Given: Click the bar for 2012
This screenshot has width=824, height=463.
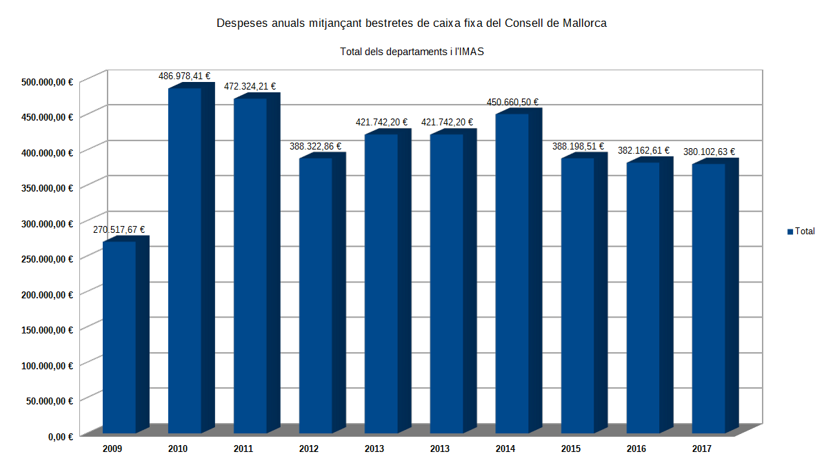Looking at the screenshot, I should click(x=315, y=296).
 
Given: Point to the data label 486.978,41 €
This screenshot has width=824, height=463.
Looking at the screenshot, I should click(x=184, y=76).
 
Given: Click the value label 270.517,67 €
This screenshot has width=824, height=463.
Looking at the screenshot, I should click(x=119, y=230).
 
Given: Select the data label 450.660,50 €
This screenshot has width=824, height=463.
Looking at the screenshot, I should click(x=512, y=103).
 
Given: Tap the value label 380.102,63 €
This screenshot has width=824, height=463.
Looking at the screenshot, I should click(x=709, y=152).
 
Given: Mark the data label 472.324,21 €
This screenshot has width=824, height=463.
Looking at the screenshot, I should click(x=250, y=87).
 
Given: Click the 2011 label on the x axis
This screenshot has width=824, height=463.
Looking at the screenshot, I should click(x=243, y=449).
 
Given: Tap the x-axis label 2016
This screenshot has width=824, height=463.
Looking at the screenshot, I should click(x=636, y=449).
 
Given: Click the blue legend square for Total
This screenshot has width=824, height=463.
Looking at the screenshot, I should click(x=790, y=231).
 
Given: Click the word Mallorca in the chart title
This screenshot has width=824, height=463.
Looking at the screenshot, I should click(x=584, y=23).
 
